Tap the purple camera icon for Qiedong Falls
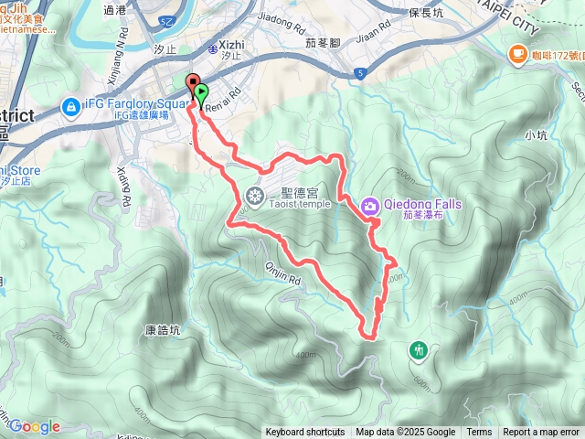point(370,206)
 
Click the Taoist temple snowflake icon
point(254,194)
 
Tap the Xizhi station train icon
point(212,44)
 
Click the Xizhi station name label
point(232,44)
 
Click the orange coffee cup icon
point(517,53)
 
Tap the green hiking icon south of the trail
point(420,348)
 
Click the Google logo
point(34,426)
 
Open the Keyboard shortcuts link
point(305,433)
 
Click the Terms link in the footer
point(479,433)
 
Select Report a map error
point(542,433)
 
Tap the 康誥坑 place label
point(163,329)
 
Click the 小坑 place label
point(536,135)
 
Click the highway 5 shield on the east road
point(361,71)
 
